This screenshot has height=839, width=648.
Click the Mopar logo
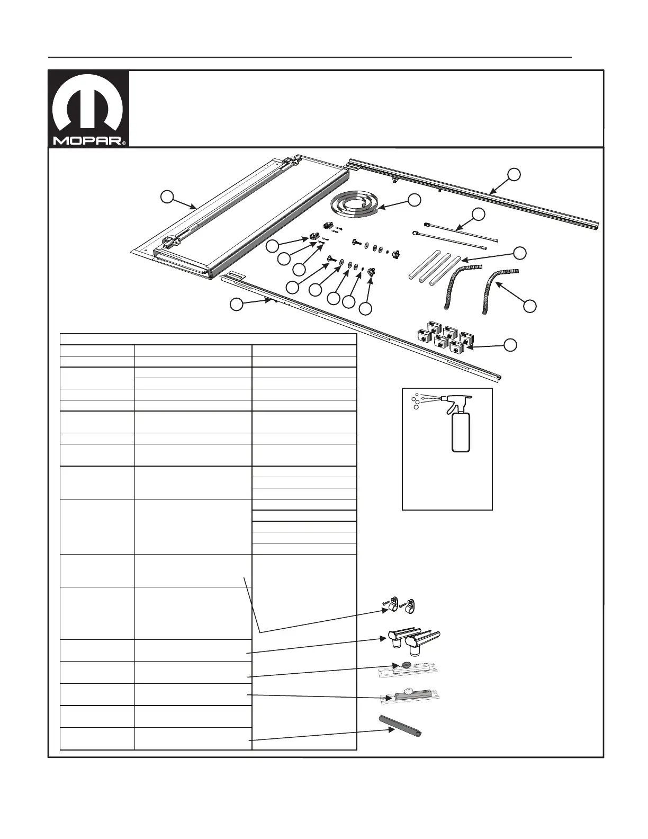88,109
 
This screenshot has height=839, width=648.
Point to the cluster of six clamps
444,338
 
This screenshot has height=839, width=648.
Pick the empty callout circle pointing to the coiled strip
415,200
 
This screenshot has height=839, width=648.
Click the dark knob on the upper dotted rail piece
407,665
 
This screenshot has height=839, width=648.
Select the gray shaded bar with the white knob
411,695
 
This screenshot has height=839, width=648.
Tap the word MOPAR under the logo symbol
88,141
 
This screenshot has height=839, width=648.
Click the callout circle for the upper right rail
513,174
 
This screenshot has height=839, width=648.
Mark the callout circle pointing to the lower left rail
236,304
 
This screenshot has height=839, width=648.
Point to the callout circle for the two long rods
479,214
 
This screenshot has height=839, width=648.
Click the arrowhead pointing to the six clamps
468,347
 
